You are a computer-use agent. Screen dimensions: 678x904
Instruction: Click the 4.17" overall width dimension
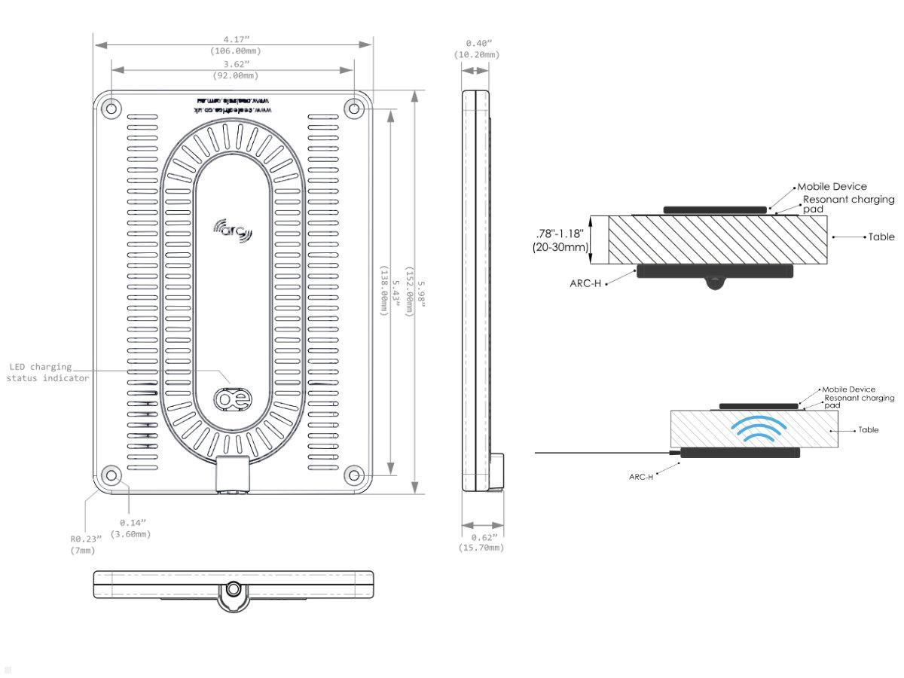[x=232, y=45]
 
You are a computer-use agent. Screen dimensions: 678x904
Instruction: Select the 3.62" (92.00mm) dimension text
[x=233, y=69]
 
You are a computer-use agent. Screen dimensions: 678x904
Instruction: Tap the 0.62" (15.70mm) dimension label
[x=481, y=542]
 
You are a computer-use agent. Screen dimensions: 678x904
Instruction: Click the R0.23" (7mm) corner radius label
[x=83, y=544]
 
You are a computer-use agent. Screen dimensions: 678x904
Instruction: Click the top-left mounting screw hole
[x=111, y=108]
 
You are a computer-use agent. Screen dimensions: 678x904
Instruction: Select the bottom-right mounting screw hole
[x=353, y=475]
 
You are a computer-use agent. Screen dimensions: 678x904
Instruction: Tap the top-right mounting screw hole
[x=353, y=108]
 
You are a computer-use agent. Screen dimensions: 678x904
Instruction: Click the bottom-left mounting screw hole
[x=111, y=475]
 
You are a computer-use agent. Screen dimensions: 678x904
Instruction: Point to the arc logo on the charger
[x=234, y=230]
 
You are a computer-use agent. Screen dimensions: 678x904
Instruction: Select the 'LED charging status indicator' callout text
[x=48, y=372]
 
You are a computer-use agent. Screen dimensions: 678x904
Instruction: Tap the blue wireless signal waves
[x=759, y=429]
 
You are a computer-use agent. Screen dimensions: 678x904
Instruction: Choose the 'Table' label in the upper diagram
[x=881, y=237]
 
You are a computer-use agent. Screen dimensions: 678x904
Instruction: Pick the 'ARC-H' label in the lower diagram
[x=640, y=477]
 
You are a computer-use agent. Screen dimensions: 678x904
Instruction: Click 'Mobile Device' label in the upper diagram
[x=832, y=187]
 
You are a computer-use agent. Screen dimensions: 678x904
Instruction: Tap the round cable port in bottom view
[x=234, y=588]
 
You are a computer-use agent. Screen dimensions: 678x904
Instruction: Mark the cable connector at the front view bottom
[x=232, y=475]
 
